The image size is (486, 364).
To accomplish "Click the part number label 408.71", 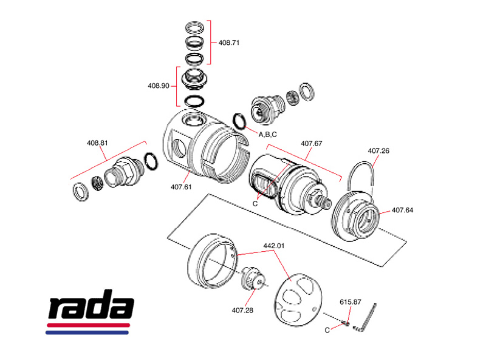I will (229, 43).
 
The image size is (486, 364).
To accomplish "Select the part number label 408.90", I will (158, 86).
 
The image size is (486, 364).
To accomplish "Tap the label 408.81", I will (97, 143).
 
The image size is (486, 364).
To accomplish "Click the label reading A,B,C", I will (268, 134).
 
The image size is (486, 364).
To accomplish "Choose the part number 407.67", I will (312, 144).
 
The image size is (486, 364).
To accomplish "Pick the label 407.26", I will (378, 150).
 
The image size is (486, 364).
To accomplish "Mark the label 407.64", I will (402, 211).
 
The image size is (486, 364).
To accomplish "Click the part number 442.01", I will (273, 246).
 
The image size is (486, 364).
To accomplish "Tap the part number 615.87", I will (350, 302).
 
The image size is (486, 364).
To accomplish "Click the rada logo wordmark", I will (91, 309).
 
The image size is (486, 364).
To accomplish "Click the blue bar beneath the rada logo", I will (88, 332).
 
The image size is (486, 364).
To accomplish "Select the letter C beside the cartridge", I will (255, 203).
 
